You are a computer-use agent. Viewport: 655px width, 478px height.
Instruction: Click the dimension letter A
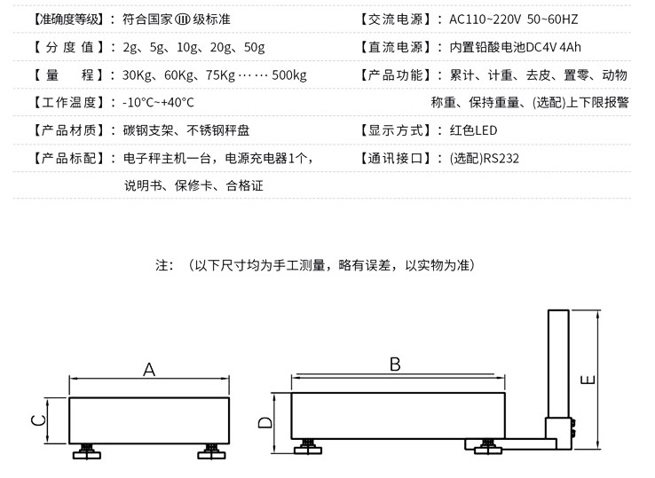pyautogui.click(x=149, y=370)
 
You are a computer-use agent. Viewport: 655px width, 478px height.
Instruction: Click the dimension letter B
pyautogui.click(x=395, y=364)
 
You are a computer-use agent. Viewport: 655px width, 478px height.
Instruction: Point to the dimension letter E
pyautogui.click(x=587, y=380)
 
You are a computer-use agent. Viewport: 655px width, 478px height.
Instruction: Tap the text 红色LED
pyautogui.click(x=475, y=130)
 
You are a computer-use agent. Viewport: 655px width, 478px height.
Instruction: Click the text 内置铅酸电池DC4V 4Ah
pyautogui.click(x=516, y=47)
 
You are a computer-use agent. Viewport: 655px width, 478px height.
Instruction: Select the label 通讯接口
pyautogui.click(x=397, y=159)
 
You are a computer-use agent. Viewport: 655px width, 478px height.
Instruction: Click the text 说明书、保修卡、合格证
pyautogui.click(x=193, y=186)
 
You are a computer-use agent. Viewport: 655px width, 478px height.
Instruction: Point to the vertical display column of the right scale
pyautogui.click(x=558, y=364)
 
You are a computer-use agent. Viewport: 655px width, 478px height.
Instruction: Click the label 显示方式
pyautogui.click(x=397, y=130)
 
